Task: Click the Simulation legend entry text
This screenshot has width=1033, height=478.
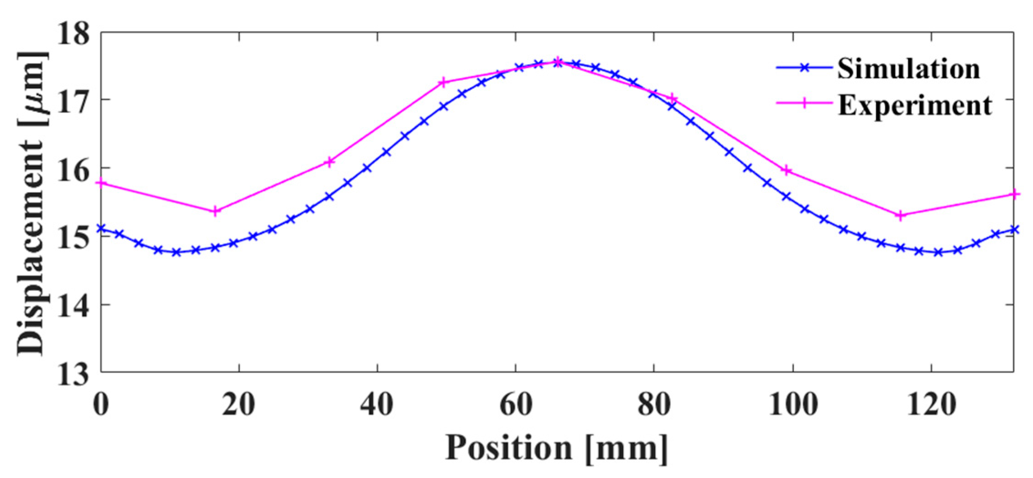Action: [908, 69]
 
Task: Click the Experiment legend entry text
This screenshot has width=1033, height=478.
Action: [915, 105]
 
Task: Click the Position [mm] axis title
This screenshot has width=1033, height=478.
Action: [557, 448]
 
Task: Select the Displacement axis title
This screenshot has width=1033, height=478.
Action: [32, 203]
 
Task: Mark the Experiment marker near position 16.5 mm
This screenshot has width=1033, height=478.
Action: [215, 211]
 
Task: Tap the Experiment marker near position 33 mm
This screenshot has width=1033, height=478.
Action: [329, 162]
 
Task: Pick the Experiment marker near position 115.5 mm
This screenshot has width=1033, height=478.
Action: [900, 215]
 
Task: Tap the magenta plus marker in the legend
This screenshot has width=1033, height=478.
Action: [804, 103]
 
